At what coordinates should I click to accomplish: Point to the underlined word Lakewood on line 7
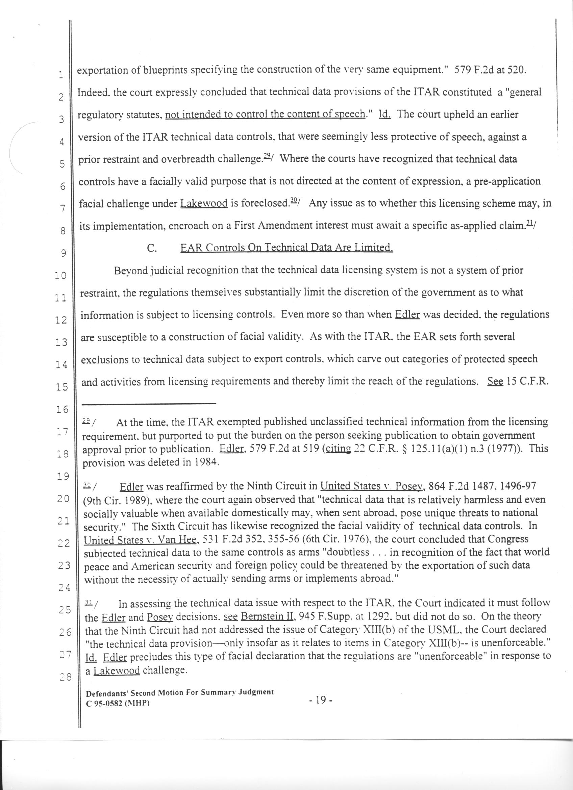204,203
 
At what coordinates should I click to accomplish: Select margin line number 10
60,276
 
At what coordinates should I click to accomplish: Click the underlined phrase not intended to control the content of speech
265,114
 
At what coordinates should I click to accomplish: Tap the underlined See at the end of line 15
495,381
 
